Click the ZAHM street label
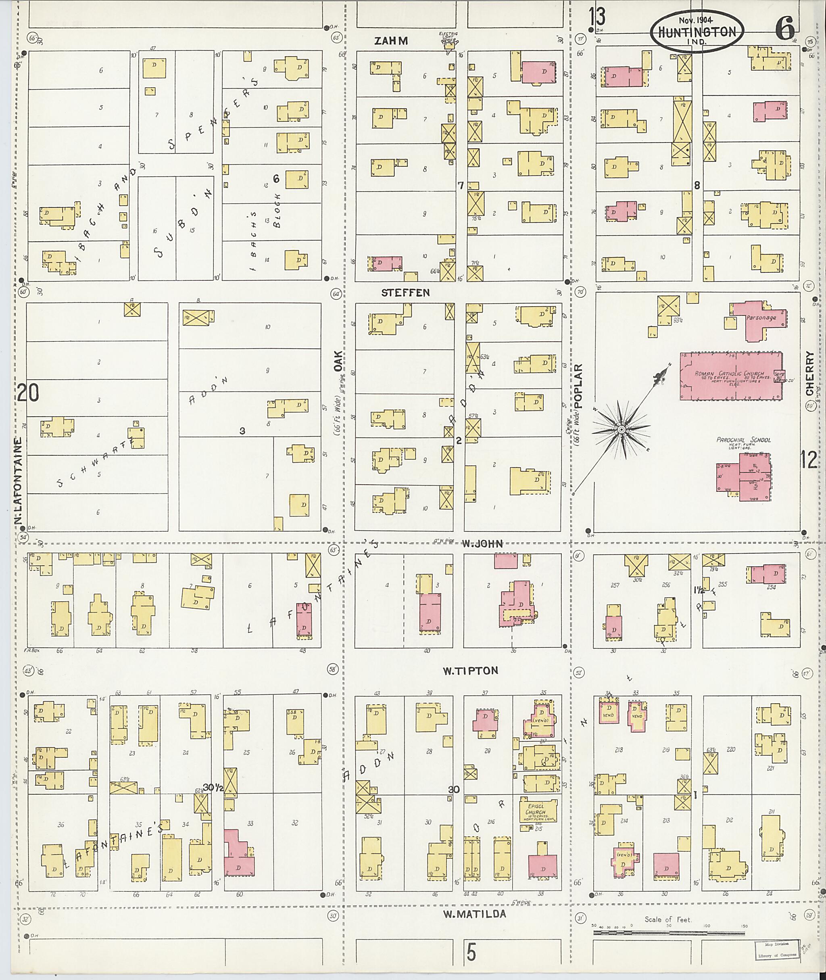tap(391, 41)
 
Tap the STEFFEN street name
tap(405, 293)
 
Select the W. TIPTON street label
tap(471, 671)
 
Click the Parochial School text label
tap(743, 440)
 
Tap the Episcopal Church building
tap(538, 810)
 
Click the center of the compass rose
tap(622, 430)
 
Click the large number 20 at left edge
tap(28, 393)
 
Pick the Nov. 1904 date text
tap(695, 20)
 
